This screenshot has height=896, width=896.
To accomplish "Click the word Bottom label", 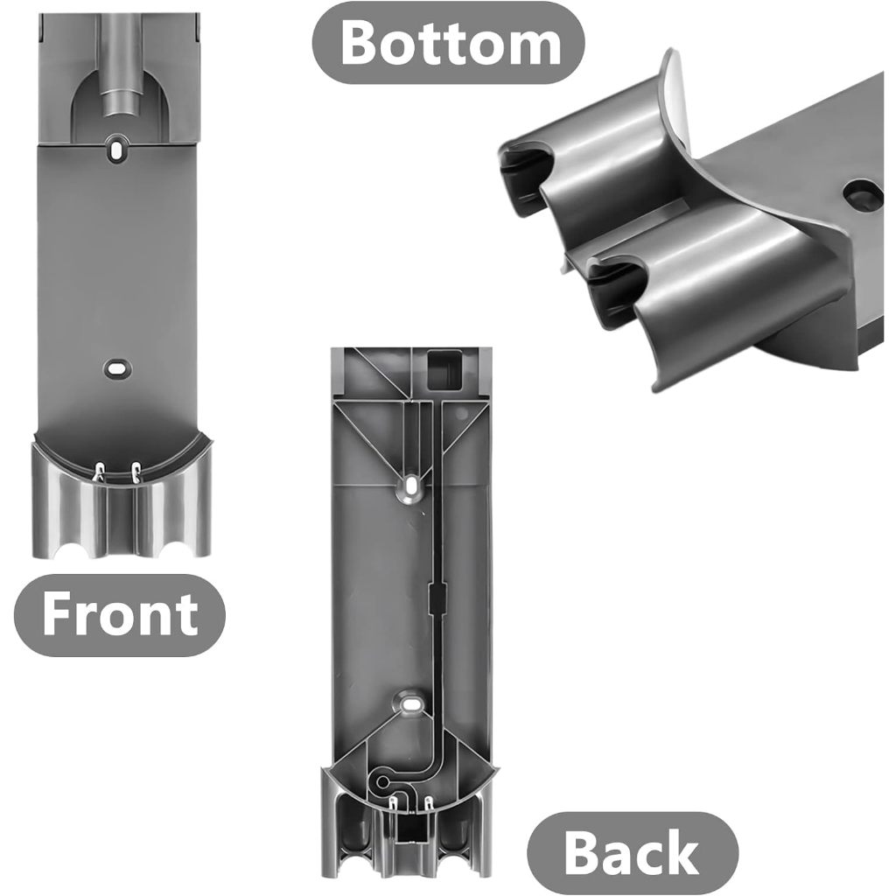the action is (449, 44).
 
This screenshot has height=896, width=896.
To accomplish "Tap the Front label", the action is (120, 615).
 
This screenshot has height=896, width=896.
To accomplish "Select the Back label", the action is (632, 853).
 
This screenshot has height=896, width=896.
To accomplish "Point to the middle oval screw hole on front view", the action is (117, 367).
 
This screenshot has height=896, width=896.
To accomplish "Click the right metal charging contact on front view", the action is (136, 472).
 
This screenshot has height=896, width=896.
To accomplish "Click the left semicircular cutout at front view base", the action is (73, 549).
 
